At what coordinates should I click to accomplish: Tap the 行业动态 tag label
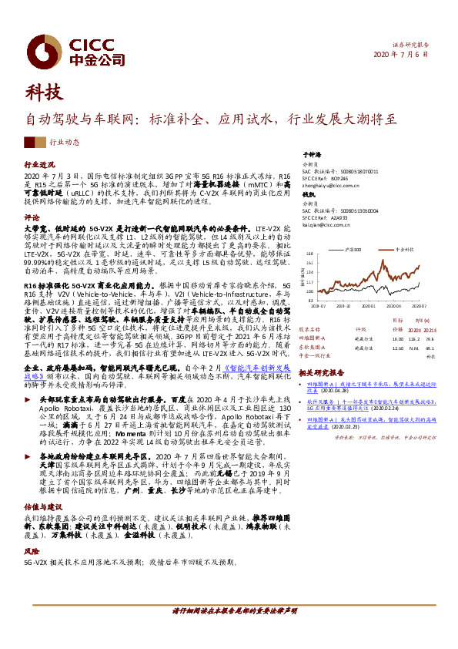click(x=64, y=143)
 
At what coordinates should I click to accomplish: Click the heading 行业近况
click(x=40, y=166)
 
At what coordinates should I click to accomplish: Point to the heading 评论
click(x=32, y=217)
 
